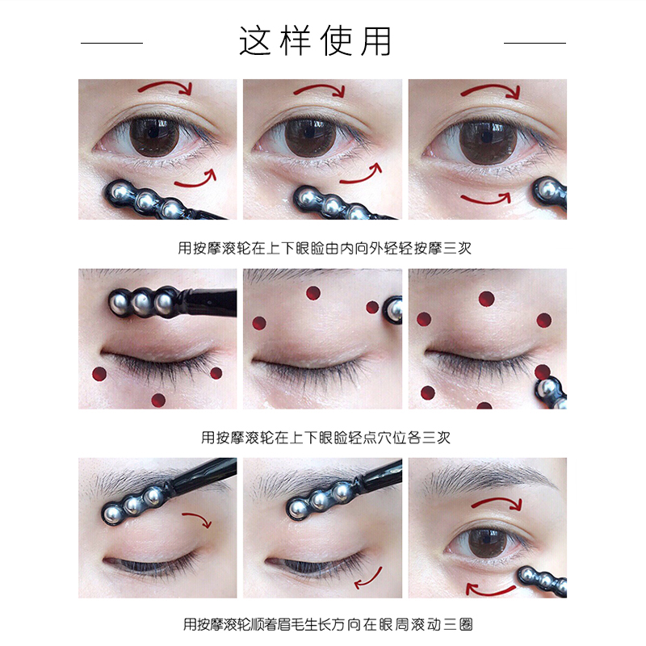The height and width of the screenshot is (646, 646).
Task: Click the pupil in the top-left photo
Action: click(x=154, y=134)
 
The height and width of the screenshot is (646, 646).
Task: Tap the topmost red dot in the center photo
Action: click(x=313, y=292)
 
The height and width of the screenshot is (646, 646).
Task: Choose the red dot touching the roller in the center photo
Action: click(x=372, y=307)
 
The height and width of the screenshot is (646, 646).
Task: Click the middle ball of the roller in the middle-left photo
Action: click(x=144, y=302)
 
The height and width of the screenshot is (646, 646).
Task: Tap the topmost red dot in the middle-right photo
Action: click(x=486, y=299)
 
